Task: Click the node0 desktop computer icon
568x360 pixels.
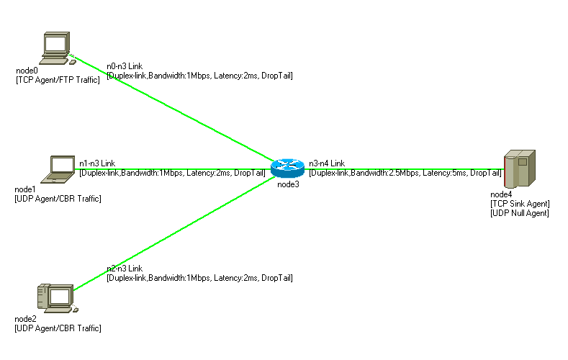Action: (x=56, y=48)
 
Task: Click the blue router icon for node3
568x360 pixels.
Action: (x=288, y=168)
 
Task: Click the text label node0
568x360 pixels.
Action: (x=27, y=71)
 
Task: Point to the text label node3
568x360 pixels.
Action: (x=288, y=184)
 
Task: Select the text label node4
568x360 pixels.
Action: (x=501, y=194)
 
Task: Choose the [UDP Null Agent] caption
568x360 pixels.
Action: (x=520, y=213)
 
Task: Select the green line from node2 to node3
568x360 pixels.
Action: (x=173, y=231)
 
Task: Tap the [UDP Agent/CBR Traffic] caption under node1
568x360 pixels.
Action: (x=58, y=198)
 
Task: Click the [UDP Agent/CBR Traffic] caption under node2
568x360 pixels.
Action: (x=58, y=328)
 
